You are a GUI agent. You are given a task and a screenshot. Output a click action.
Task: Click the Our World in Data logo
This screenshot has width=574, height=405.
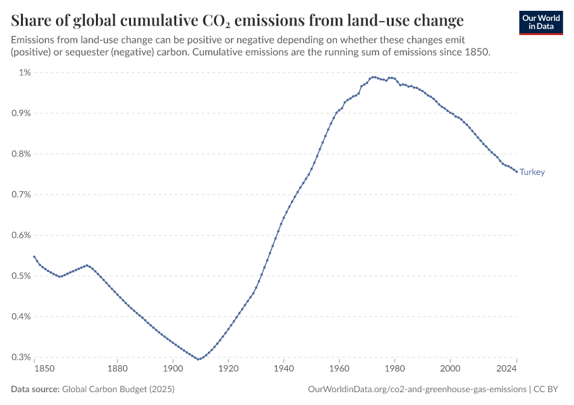tap(541, 22)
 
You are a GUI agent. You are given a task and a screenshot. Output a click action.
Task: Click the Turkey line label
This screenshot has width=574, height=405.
tap(532, 172)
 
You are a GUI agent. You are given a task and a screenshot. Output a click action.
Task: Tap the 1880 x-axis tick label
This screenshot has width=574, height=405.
tap(118, 369)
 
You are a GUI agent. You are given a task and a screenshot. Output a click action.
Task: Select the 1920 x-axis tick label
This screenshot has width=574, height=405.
tap(228, 369)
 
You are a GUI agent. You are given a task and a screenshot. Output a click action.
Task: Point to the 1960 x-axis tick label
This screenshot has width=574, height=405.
tap(339, 369)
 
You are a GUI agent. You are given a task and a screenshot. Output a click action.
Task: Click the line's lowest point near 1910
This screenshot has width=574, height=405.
tap(199, 359)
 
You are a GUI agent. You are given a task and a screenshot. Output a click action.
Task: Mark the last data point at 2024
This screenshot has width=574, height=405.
tap(517, 171)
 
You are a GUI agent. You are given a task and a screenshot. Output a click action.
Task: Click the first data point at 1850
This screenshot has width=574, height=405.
tap(34, 256)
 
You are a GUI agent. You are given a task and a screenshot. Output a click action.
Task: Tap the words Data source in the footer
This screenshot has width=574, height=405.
tap(35, 389)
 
